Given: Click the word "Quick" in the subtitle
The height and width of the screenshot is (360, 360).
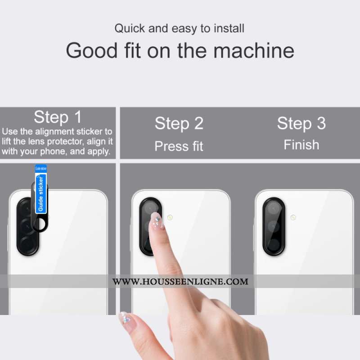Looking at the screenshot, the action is [x=130, y=29].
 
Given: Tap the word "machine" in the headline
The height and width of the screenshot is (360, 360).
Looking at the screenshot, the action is [x=254, y=50].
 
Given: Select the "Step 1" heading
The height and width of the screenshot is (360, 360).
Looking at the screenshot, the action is [x=58, y=117].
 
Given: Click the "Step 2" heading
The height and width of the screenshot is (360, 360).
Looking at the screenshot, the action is [x=179, y=123].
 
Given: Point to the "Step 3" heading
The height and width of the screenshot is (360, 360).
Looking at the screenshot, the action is [x=301, y=123].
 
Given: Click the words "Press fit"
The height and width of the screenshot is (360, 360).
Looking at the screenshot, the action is [x=179, y=146].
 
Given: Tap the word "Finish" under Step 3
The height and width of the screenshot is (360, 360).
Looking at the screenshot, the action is [x=301, y=145].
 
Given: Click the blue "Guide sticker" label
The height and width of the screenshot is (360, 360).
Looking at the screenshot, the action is [x=41, y=193].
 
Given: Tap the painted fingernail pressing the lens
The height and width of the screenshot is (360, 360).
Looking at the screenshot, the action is [x=157, y=221].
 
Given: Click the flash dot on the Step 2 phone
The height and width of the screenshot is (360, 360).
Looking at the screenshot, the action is [x=170, y=217].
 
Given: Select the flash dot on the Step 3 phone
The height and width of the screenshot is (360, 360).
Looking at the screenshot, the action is [x=293, y=217].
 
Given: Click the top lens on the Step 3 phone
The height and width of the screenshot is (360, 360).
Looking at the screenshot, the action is [x=274, y=208].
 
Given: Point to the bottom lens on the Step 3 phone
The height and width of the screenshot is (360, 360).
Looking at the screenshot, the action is [x=274, y=245].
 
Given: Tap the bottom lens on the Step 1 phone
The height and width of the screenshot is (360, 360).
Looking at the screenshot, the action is [x=27, y=244].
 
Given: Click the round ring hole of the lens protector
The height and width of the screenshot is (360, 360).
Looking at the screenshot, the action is [x=41, y=224].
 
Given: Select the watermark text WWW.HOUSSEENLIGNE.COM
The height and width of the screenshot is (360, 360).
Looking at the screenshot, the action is [x=180, y=282].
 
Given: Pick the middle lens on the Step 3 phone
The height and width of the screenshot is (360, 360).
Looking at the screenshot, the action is [x=274, y=227].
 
